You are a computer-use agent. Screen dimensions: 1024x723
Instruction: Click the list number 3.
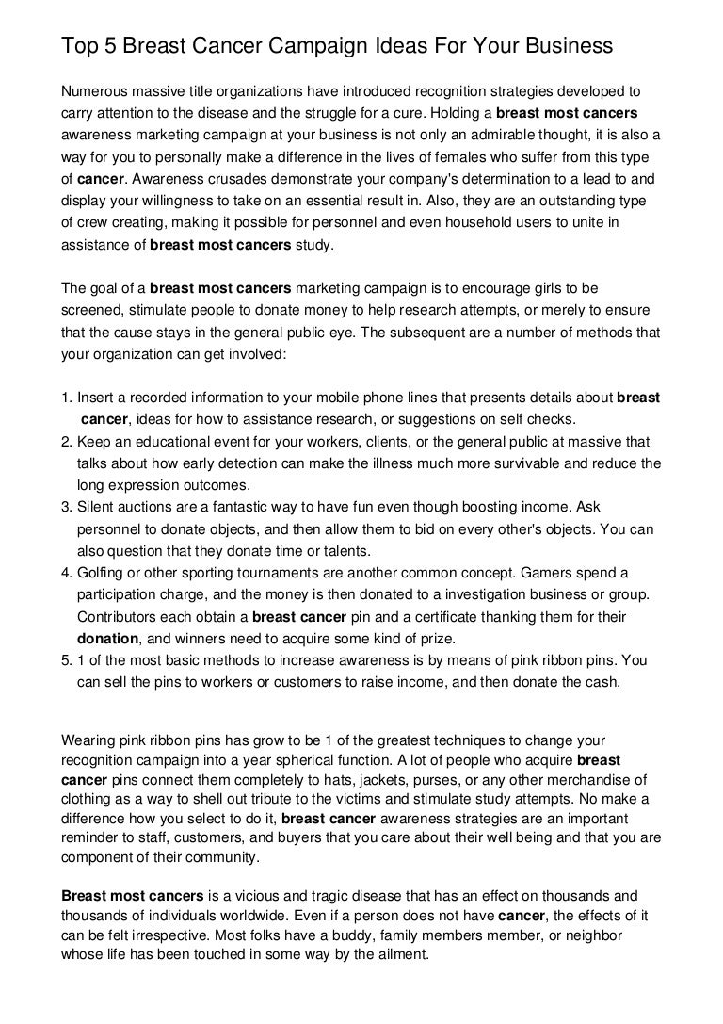pos(66,507)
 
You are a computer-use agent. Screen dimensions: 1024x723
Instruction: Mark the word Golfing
pos(104,573)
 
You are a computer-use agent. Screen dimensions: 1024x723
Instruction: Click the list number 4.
pos(66,573)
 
